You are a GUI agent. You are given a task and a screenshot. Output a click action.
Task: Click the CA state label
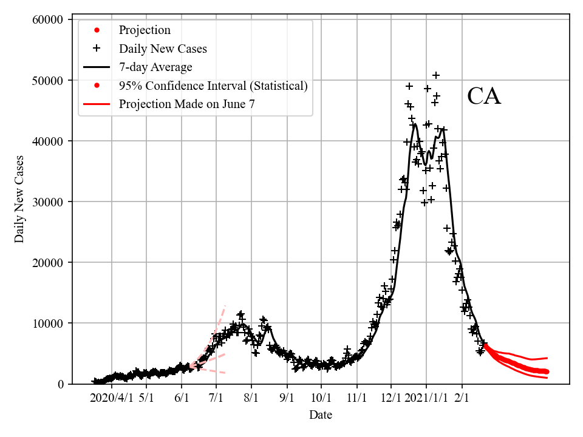point(484,97)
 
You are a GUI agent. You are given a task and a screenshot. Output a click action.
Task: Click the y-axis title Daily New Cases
point(20,199)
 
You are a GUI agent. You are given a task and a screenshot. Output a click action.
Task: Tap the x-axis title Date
point(321,415)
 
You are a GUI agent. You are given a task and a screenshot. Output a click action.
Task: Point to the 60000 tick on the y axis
point(47,20)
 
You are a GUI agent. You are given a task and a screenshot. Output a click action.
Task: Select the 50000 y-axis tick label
point(47,81)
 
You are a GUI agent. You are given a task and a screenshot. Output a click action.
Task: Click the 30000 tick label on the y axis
point(47,202)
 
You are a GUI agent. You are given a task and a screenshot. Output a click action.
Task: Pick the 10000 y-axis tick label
point(47,324)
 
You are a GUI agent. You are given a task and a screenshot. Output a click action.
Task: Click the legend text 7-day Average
point(155,67)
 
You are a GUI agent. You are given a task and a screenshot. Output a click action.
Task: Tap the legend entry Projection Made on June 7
point(187,104)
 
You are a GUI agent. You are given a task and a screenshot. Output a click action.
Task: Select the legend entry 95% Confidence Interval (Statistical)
point(213,86)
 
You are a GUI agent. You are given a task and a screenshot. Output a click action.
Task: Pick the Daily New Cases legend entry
point(163,49)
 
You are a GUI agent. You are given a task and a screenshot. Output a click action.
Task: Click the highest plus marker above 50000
point(436,75)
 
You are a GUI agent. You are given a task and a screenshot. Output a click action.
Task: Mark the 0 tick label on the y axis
point(60,384)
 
